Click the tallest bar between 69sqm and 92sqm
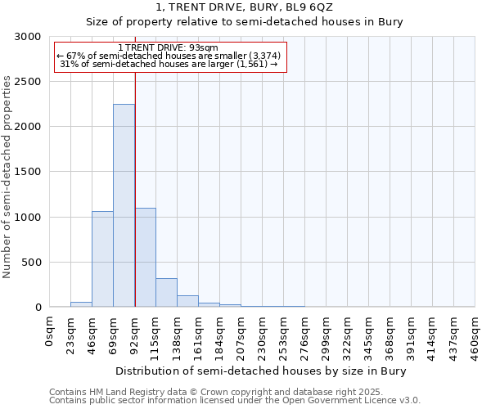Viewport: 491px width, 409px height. click(x=124, y=205)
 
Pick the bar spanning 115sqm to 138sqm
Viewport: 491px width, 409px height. click(x=166, y=292)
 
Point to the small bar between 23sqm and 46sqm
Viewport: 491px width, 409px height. click(x=81, y=304)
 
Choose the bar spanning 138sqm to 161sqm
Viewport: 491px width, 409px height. click(x=187, y=301)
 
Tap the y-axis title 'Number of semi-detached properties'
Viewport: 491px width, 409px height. click(x=8, y=177)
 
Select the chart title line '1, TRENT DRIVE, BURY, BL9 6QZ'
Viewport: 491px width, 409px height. click(x=245, y=8)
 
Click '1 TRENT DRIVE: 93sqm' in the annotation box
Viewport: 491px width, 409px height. click(x=168, y=48)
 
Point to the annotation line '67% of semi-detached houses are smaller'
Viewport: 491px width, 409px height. click(x=169, y=56)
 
